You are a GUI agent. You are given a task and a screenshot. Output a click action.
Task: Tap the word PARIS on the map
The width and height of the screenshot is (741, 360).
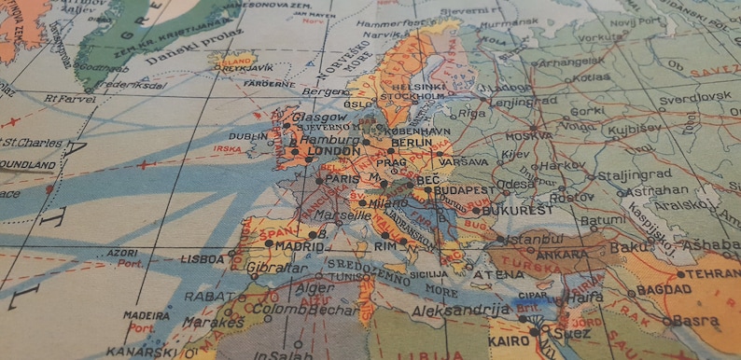click(343, 180)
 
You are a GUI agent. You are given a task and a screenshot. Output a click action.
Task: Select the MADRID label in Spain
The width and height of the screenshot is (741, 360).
click(300, 246)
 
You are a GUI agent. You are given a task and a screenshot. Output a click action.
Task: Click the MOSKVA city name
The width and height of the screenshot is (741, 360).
click(529, 136)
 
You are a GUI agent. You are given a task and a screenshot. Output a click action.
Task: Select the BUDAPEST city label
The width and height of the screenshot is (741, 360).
click(464, 190)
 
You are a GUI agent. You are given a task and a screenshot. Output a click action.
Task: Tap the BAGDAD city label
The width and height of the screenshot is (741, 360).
click(664, 291)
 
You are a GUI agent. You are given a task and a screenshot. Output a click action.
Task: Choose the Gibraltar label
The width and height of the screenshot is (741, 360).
click(277, 269)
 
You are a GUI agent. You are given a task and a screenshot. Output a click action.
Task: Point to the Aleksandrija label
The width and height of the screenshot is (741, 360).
click(464, 310)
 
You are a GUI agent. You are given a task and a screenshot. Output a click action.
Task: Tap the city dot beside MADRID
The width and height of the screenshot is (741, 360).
click(270, 243)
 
